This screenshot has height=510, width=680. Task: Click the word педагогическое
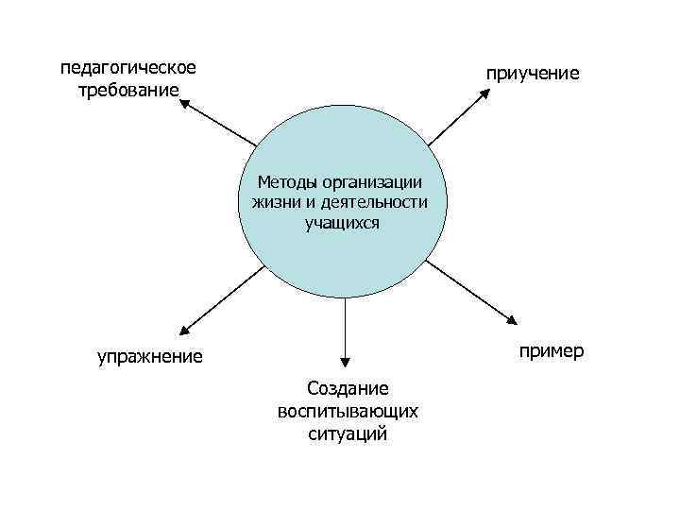[x=128, y=68]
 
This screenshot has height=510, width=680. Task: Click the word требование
[x=128, y=91]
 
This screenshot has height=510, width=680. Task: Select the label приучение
[x=534, y=73]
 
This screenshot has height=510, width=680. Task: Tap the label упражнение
[x=150, y=356]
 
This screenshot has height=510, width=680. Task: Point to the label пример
[x=550, y=351]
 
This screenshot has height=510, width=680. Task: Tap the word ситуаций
[x=348, y=434]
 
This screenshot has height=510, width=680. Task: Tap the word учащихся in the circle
[x=342, y=223]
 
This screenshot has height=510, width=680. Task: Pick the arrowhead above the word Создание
[x=346, y=360]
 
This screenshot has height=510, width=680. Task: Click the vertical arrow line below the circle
[x=346, y=326]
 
